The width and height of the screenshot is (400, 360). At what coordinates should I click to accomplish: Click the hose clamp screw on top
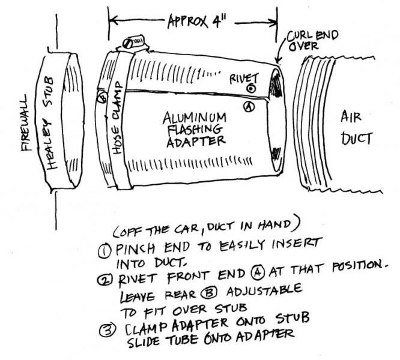pos(132,43)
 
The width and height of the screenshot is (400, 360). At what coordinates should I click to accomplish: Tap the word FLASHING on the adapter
pos(192,128)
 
